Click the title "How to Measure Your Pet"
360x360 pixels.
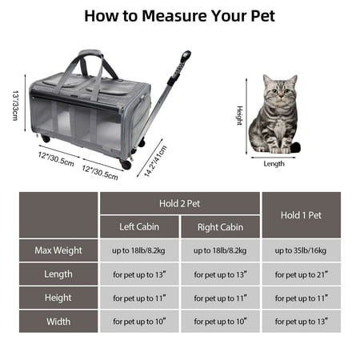(x=179, y=16)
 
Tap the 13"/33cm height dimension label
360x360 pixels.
(x=15, y=106)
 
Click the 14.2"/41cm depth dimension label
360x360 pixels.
(x=155, y=162)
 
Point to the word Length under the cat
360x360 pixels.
(x=274, y=164)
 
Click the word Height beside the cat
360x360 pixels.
(x=240, y=115)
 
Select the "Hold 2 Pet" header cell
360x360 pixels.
(x=180, y=203)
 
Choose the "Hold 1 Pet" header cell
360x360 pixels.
(x=302, y=215)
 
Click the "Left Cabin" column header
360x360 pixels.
(x=139, y=226)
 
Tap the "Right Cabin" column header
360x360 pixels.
(x=220, y=227)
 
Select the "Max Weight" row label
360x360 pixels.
(x=58, y=250)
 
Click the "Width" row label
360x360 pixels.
(x=58, y=322)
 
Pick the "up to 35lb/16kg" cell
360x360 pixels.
(x=302, y=250)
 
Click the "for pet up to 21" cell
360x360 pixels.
(x=302, y=274)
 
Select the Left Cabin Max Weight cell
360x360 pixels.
(x=139, y=250)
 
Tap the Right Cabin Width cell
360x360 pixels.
(x=220, y=322)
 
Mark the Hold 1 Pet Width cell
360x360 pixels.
(x=302, y=322)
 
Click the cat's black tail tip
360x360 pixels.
(x=295, y=146)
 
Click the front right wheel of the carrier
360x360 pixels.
(x=126, y=165)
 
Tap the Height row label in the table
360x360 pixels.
(x=58, y=298)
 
